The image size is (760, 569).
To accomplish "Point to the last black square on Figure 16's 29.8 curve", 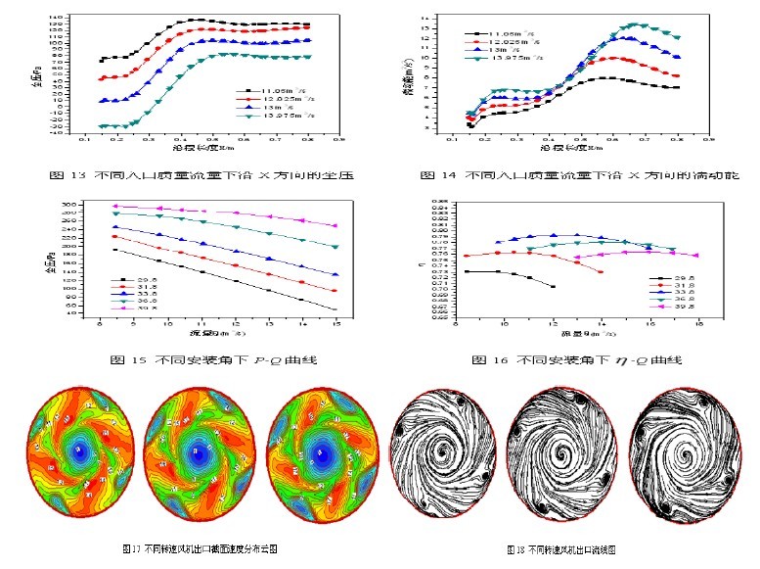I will click(554, 286).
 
